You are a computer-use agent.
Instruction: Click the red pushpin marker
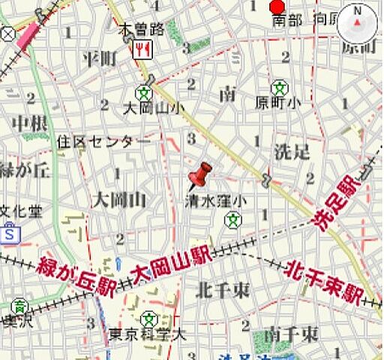pyautogui.click(x=199, y=176)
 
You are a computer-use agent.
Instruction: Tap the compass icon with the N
pyautogui.click(x=357, y=24)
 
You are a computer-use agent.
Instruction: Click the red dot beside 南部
pyautogui.click(x=277, y=7)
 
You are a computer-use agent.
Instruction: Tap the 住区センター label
pyautogui.click(x=103, y=140)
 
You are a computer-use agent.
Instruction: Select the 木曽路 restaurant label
pyautogui.click(x=142, y=30)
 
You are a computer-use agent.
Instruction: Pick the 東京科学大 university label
pyautogui.click(x=147, y=334)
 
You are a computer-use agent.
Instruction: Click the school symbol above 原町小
pyautogui.click(x=279, y=86)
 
